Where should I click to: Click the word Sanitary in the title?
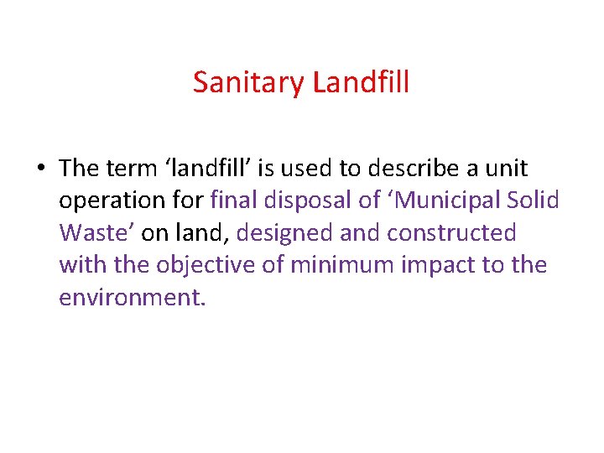coord(249,82)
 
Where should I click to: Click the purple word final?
coord(237,200)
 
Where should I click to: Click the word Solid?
coord(535,200)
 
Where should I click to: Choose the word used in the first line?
coord(310,168)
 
